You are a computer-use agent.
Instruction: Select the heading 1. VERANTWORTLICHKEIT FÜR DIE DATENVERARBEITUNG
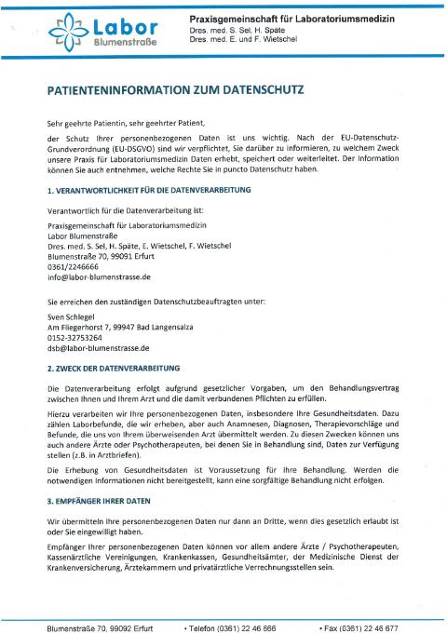149,190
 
